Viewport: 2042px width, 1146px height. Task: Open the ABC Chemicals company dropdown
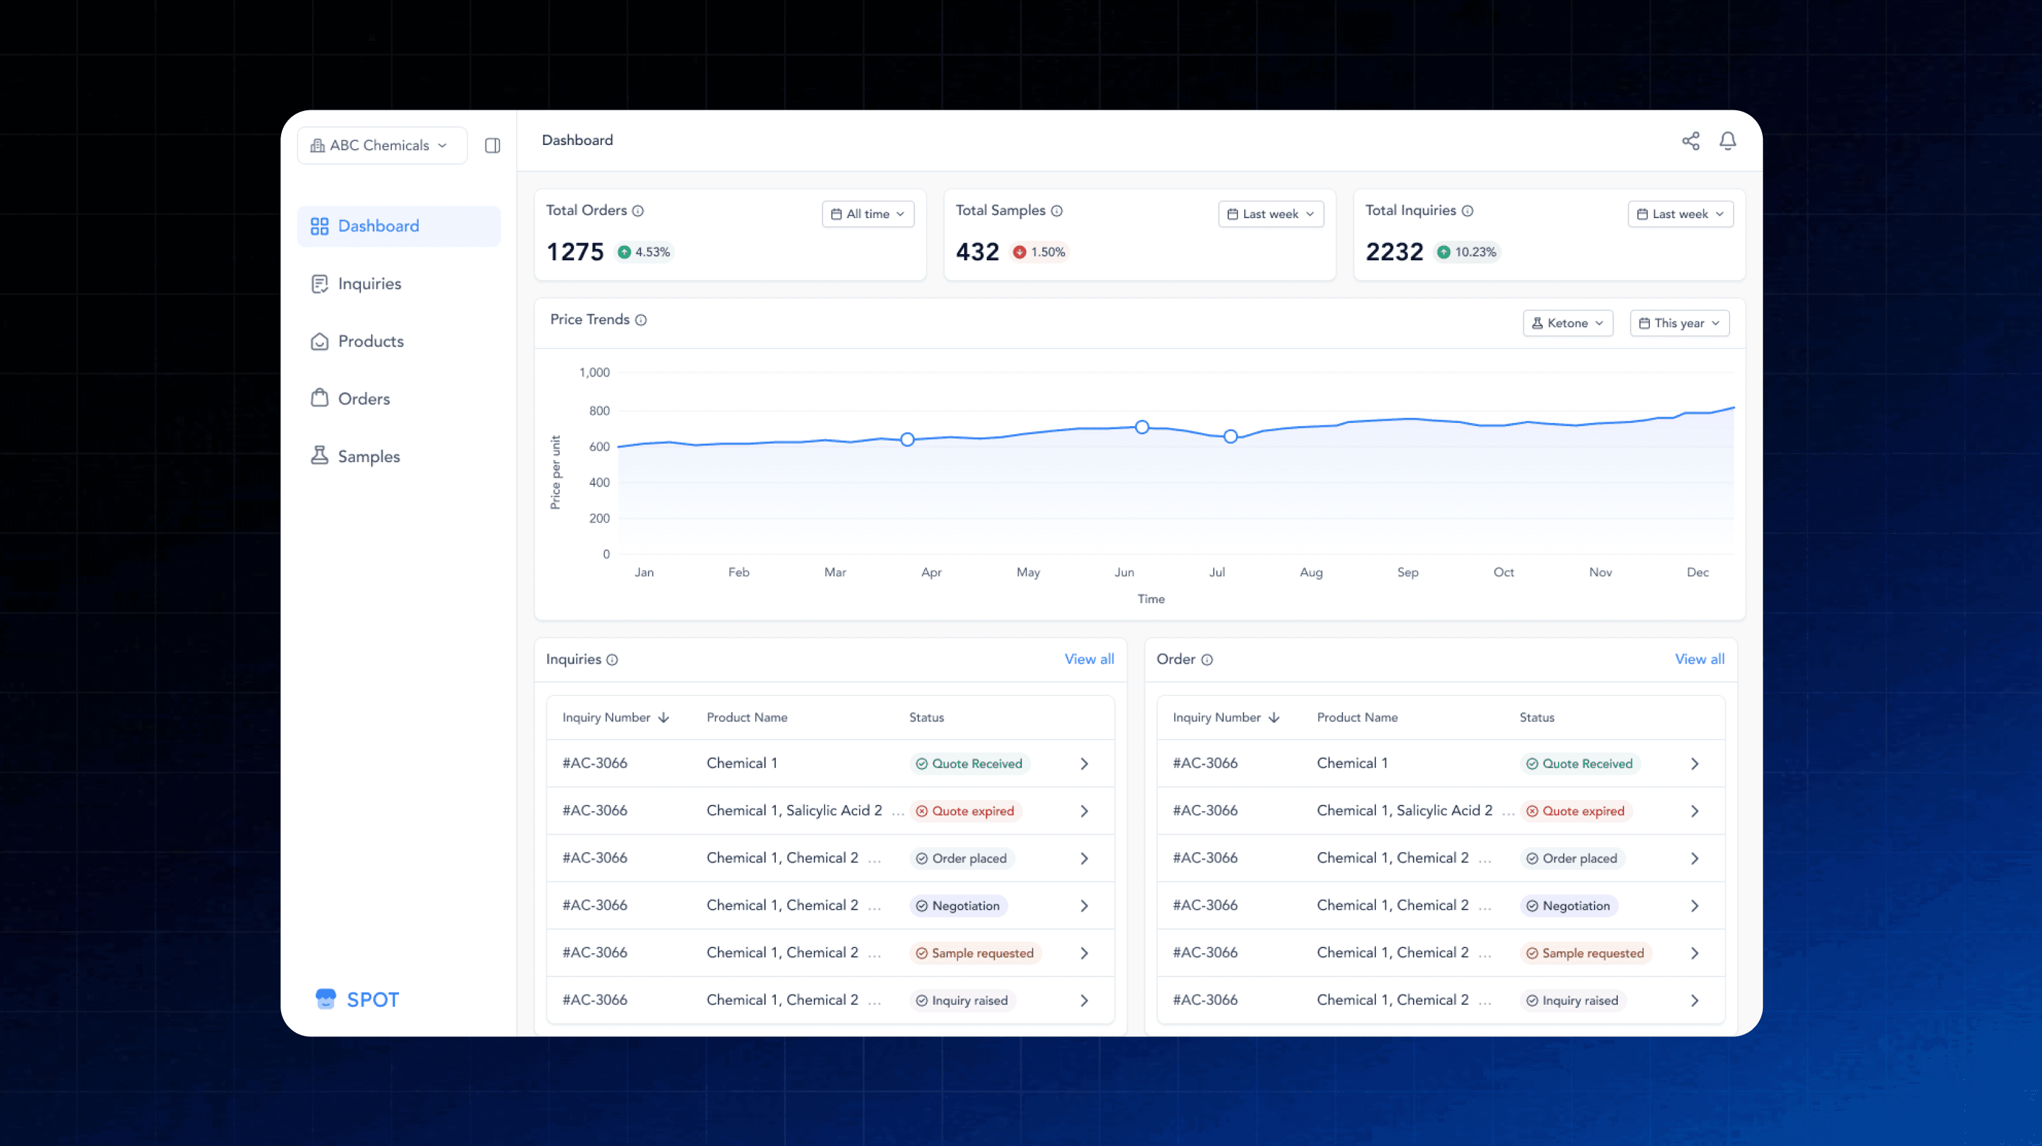[x=381, y=145]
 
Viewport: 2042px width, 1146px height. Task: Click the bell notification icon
[x=1728, y=141]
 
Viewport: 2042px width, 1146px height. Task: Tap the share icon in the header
[x=1691, y=141]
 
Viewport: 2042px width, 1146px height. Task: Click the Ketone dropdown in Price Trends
[x=1567, y=323]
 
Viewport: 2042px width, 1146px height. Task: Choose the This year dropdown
[x=1679, y=323]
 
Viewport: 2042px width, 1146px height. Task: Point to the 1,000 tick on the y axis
[x=594, y=373]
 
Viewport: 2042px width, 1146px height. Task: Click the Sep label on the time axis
[x=1408, y=572]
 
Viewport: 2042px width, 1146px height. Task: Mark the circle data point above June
[x=1141, y=427]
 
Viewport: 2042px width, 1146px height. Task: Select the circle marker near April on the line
[x=908, y=439]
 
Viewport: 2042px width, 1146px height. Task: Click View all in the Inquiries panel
[x=1089, y=659]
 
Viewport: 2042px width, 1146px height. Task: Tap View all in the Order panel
[x=1700, y=659]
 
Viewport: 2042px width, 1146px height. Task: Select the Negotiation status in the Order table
[x=1569, y=906]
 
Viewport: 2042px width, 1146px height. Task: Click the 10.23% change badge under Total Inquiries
[x=1467, y=252]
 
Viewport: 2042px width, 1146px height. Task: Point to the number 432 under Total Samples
[x=978, y=252]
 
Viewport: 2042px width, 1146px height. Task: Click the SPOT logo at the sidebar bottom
[x=357, y=999]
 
